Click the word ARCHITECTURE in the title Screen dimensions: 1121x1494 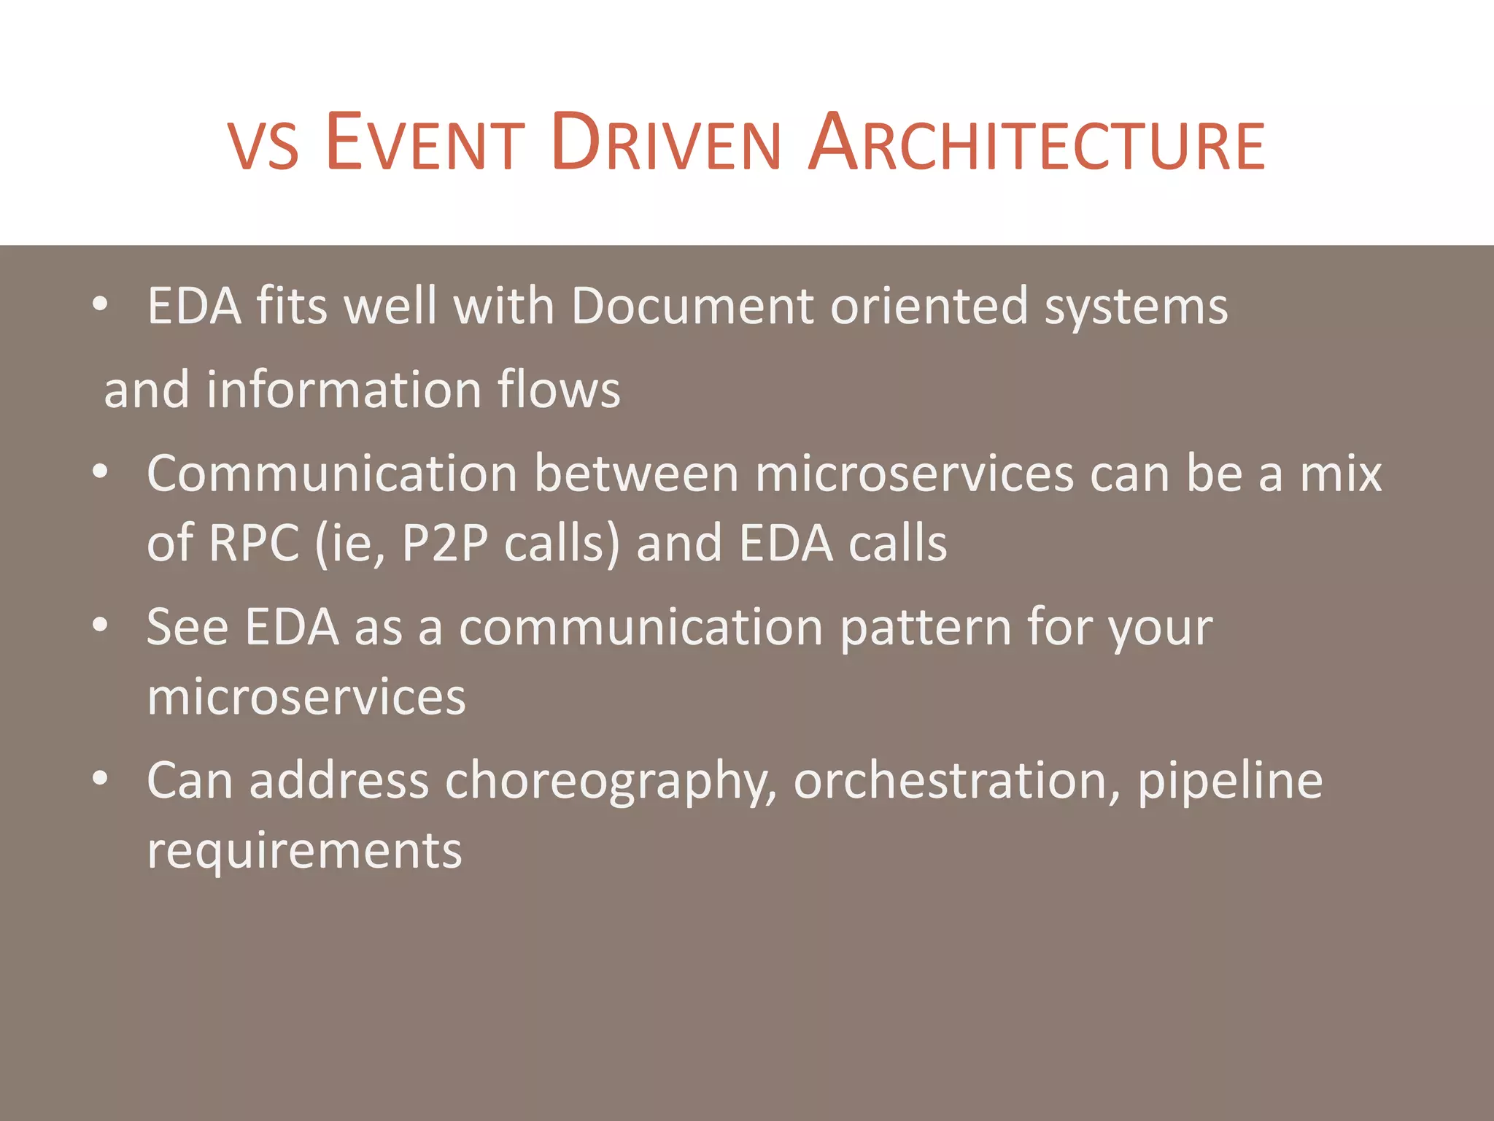point(1037,144)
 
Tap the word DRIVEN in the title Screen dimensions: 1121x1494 point(666,144)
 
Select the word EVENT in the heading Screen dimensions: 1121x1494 point(425,144)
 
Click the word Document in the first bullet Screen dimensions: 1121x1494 point(692,306)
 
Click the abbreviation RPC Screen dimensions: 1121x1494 point(254,544)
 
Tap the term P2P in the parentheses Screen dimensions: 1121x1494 point(444,544)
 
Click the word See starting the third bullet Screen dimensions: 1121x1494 point(187,628)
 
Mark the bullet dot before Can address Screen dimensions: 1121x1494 point(101,778)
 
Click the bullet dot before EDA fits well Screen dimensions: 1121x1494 point(101,304)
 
